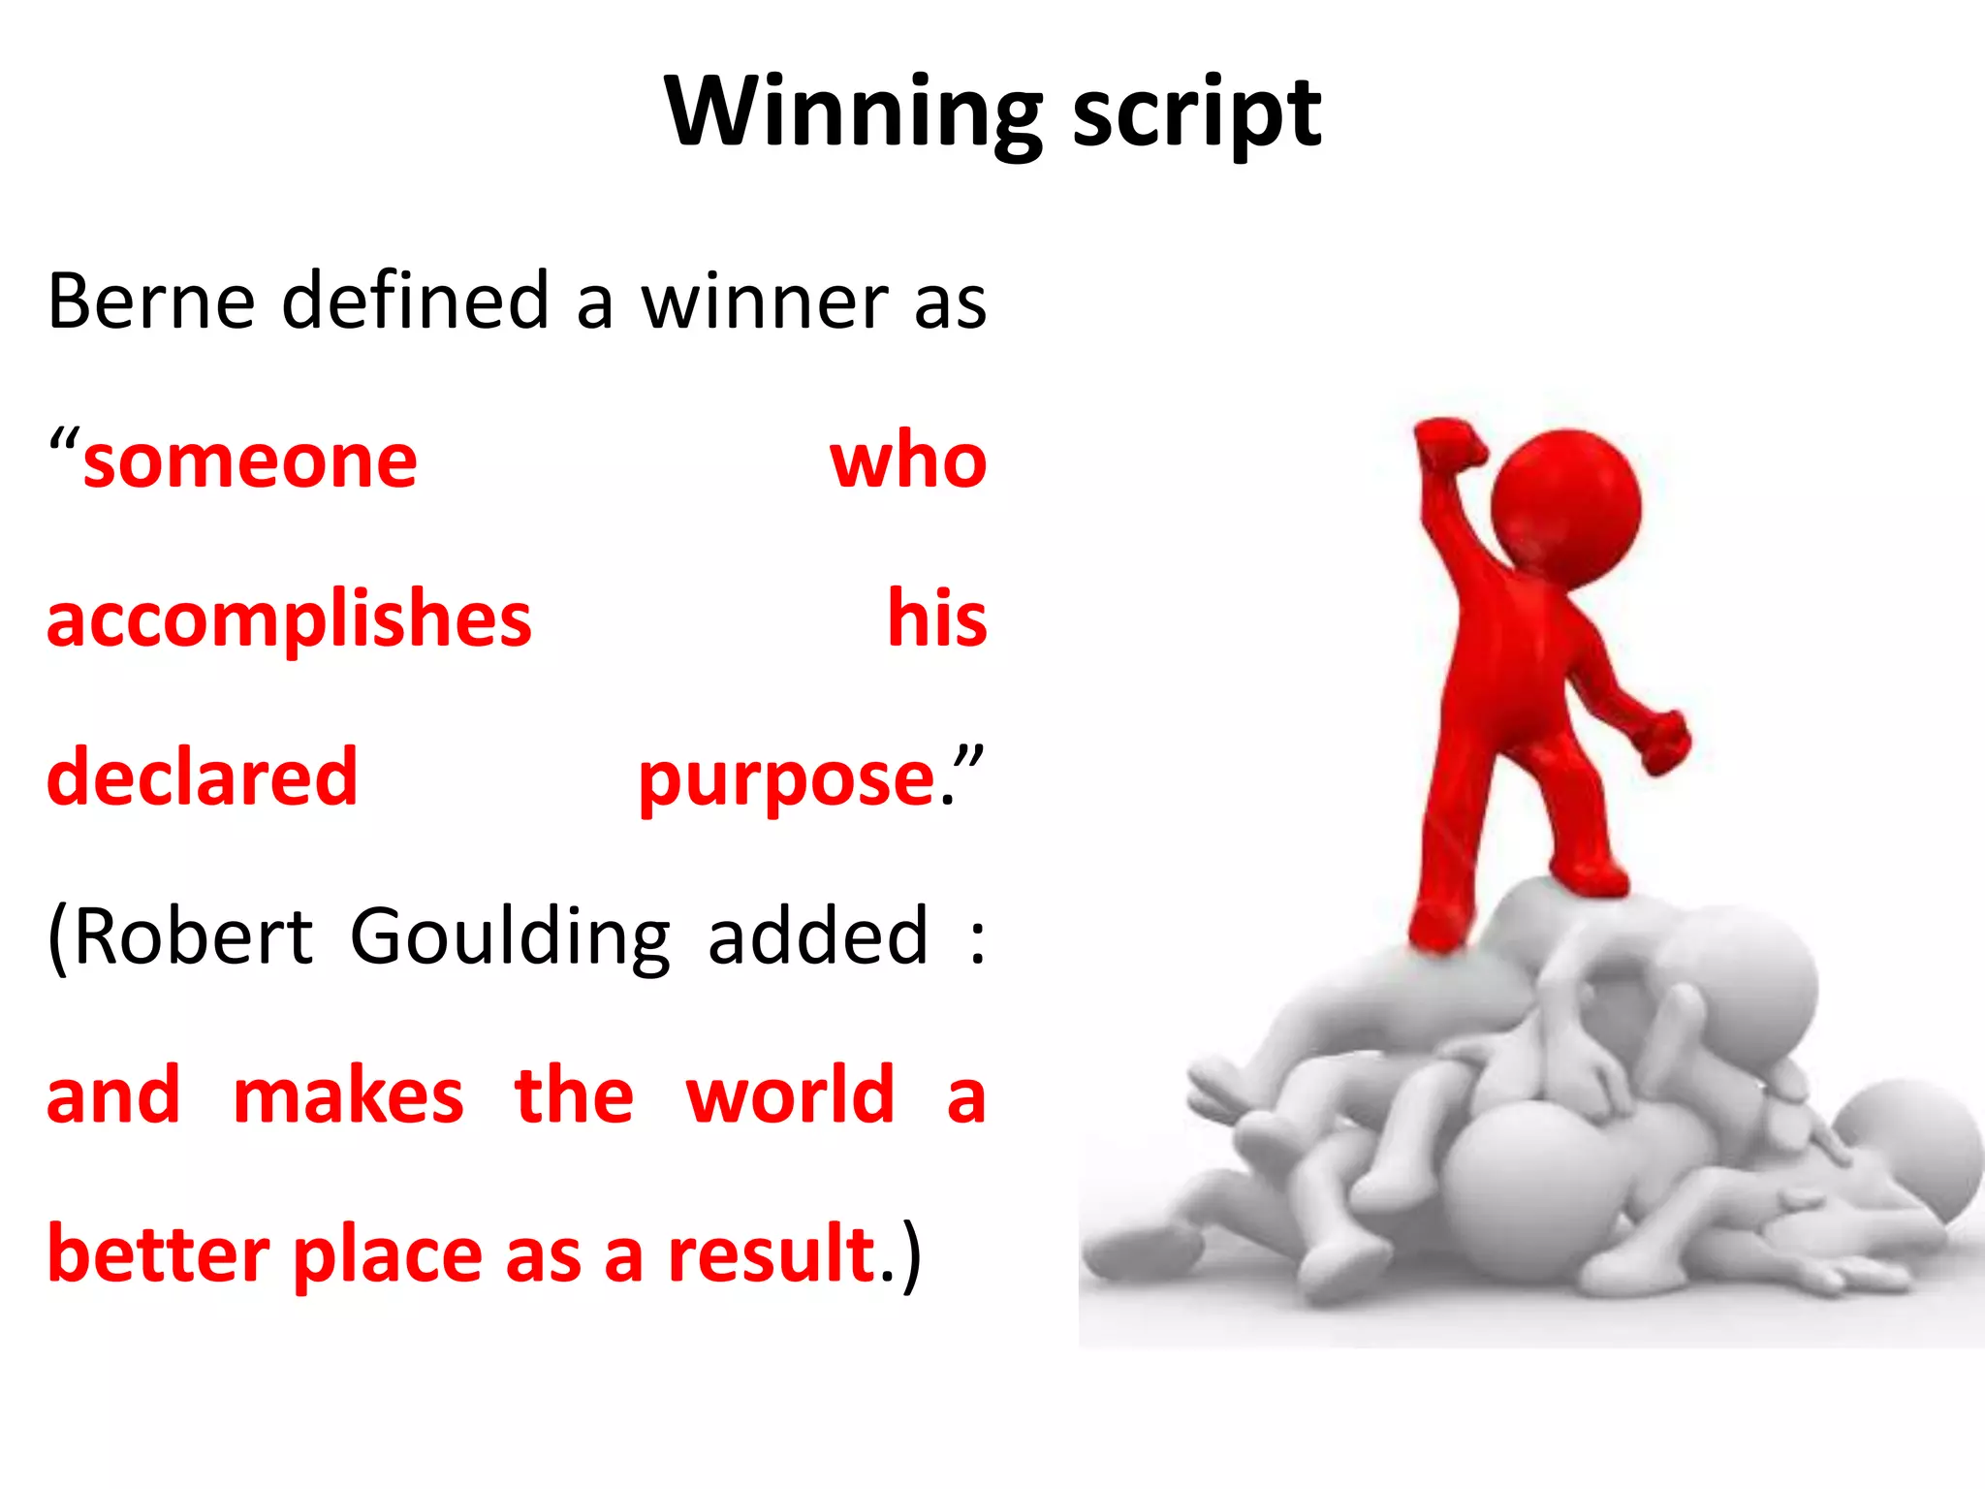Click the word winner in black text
click(763, 302)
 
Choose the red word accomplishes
click(289, 620)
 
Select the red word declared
click(202, 777)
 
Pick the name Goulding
click(510, 938)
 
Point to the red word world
click(789, 1095)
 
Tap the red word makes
click(348, 1096)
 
